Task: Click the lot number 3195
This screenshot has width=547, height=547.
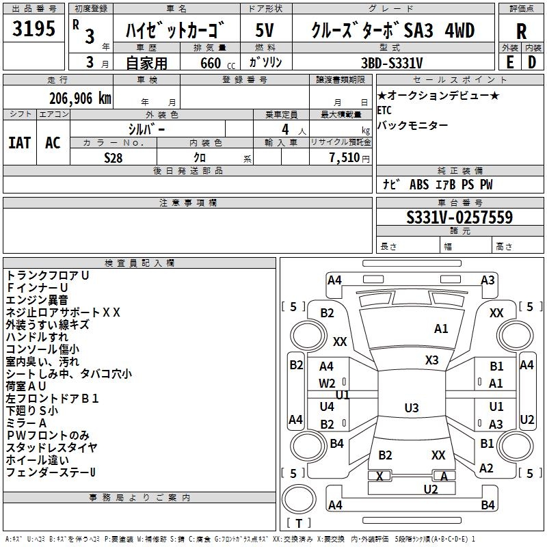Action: click(x=34, y=28)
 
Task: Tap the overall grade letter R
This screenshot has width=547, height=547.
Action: click(x=521, y=31)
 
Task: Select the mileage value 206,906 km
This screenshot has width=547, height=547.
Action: click(x=80, y=98)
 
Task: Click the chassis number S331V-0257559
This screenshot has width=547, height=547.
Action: click(x=459, y=217)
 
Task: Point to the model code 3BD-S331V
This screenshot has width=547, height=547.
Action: click(x=392, y=63)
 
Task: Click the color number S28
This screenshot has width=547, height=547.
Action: click(x=114, y=158)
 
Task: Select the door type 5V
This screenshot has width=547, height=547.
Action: click(x=265, y=30)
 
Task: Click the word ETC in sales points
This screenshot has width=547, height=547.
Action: click(x=384, y=110)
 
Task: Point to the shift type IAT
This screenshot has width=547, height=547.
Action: click(x=20, y=143)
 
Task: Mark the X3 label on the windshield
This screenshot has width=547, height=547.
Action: click(x=431, y=360)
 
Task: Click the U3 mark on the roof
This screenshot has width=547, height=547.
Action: click(x=412, y=408)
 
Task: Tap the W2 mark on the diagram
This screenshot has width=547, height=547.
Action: click(x=327, y=384)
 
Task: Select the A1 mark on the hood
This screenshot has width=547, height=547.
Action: click(x=441, y=329)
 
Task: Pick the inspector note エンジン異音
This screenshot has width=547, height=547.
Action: click(x=37, y=299)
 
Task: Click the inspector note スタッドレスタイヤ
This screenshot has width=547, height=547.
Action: click(x=51, y=447)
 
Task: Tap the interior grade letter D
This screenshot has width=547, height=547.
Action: click(x=532, y=62)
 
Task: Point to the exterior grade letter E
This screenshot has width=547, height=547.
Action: click(x=509, y=62)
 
